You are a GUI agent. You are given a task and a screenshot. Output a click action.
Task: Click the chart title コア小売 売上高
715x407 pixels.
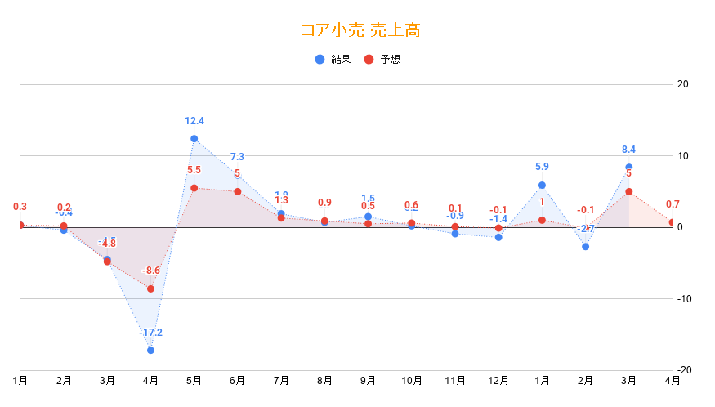360,31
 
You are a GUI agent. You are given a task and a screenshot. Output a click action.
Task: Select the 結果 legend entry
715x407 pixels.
334,59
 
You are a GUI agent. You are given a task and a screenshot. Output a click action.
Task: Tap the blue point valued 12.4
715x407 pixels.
194,139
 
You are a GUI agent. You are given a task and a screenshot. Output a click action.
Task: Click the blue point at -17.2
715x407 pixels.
150,350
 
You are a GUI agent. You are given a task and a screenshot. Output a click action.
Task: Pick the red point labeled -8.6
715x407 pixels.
150,288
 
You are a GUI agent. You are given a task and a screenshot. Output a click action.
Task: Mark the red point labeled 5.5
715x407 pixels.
194,188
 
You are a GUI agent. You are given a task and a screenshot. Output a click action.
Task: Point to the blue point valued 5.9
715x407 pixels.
542,185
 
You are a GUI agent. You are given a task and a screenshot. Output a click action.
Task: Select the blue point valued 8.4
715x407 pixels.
628,167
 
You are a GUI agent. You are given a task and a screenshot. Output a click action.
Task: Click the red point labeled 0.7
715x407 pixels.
673,222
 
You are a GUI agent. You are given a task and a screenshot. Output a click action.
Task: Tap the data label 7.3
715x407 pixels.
237,157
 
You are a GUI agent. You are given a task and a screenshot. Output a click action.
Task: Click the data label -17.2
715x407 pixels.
150,333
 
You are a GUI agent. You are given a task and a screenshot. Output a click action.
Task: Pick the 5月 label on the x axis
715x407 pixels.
194,380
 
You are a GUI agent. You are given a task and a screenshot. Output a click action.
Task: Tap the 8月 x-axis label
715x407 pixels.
324,380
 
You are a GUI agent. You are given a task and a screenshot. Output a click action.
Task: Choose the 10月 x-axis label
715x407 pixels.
412,380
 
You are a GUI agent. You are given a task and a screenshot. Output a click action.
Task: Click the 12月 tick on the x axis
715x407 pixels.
498,380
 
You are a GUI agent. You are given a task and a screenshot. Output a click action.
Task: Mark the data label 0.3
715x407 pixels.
20,207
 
